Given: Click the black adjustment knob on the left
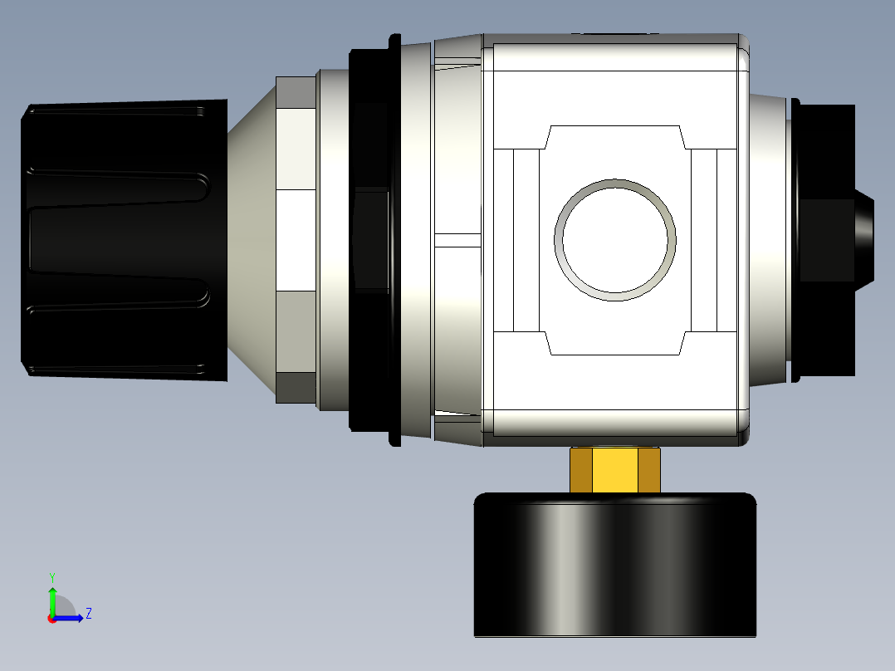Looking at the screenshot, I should coord(125,241).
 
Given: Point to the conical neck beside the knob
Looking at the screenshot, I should coord(252,241).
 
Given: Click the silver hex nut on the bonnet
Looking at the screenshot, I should coord(296,241).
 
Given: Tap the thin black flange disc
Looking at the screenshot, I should coord(394,241).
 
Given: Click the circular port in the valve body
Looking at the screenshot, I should coord(615,239).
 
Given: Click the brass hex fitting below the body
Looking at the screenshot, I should coord(614,470).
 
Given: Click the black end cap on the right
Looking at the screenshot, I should coord(824,239).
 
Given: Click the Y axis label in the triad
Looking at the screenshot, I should coord(51,576).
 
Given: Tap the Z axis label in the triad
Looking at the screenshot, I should coord(88,614).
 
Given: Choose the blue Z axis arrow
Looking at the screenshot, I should coord(71,618).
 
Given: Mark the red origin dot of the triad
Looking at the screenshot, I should coord(51,619).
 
